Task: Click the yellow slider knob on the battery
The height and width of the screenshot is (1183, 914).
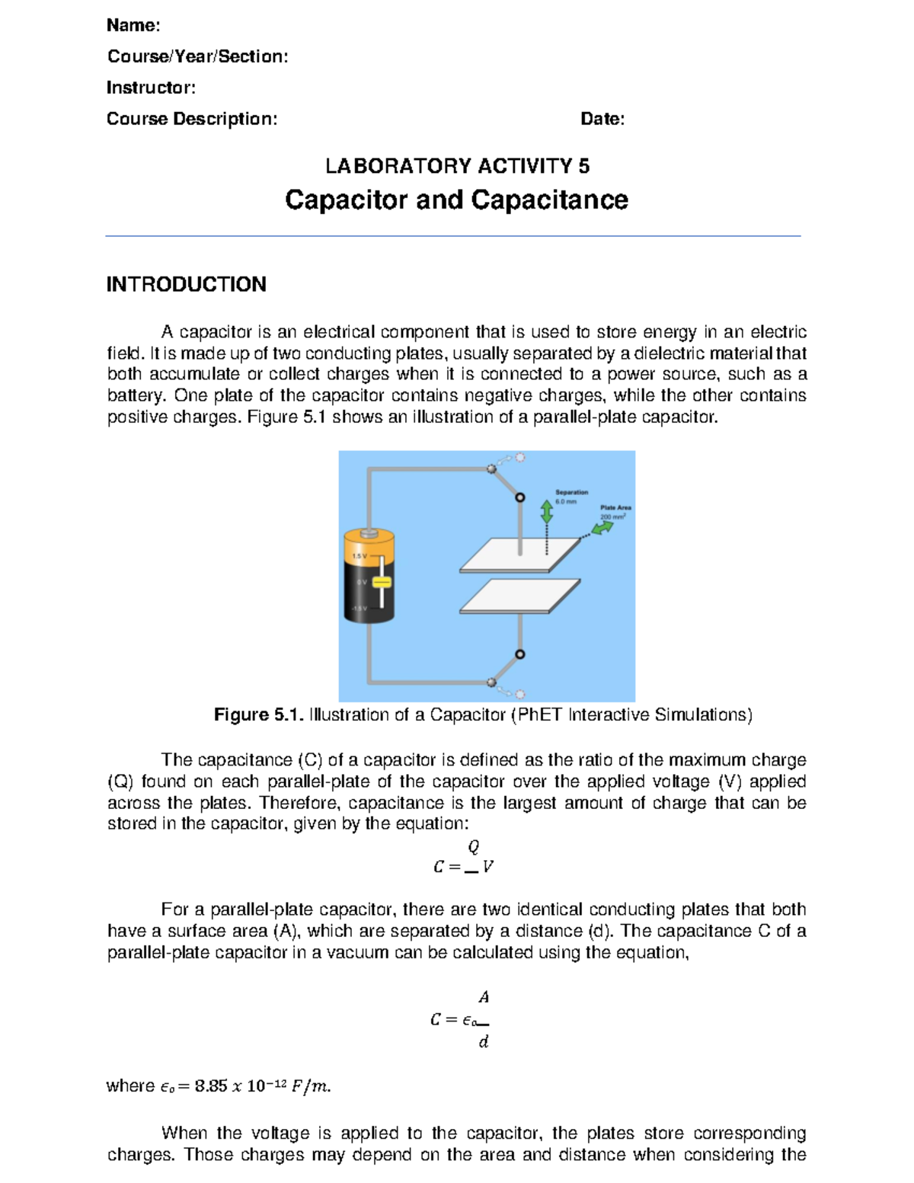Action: [x=382, y=583]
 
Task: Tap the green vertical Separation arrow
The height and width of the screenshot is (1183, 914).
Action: [x=546, y=511]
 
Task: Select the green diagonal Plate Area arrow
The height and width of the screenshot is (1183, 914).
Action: [x=602, y=527]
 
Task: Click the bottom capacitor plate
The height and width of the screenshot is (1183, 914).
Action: [x=519, y=596]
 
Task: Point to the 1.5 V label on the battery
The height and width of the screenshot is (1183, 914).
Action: [x=359, y=556]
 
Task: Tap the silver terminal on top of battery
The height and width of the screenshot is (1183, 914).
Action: [x=369, y=532]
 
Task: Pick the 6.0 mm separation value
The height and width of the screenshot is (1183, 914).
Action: [x=566, y=502]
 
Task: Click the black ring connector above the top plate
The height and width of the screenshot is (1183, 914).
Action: [x=520, y=497]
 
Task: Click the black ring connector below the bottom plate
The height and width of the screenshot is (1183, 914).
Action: [x=520, y=654]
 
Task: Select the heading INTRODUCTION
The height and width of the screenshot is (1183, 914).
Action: [x=187, y=285]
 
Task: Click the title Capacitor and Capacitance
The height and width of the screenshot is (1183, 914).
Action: [x=456, y=200]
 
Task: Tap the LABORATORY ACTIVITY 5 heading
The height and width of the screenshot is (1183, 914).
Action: [x=457, y=166]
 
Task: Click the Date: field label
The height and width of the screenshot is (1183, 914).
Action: [x=602, y=119]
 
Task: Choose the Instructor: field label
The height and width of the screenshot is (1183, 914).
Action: [x=151, y=88]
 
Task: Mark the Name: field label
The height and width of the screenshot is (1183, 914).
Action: [x=133, y=25]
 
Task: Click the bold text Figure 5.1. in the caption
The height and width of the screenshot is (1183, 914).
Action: [x=259, y=715]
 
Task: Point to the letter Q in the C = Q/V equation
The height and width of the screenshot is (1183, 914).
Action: [x=474, y=847]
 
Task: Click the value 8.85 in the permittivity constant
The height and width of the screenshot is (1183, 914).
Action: [x=210, y=1086]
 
